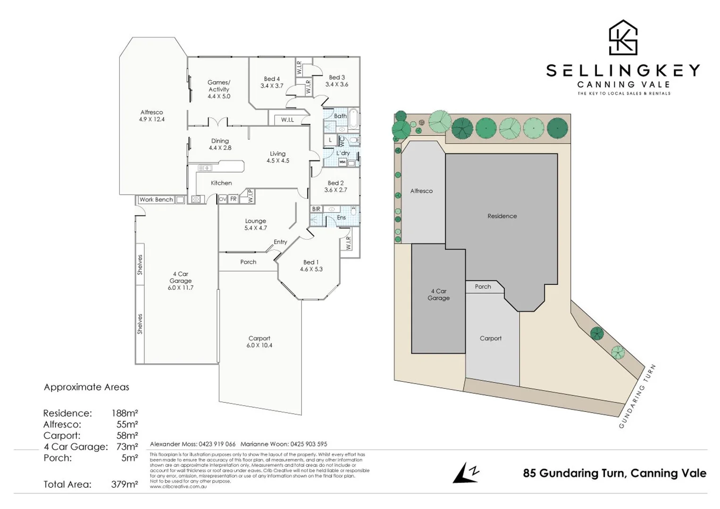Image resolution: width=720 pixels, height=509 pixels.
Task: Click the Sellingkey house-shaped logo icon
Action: pos(623,38)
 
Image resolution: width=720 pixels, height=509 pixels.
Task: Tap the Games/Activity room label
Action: pos(219,86)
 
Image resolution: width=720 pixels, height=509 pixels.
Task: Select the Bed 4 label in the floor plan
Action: pos(272,79)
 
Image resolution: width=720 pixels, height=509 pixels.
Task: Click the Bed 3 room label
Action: pos(336,77)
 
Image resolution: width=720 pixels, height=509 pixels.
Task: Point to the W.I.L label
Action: pos(287,120)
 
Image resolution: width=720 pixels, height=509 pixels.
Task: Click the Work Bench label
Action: pos(156,200)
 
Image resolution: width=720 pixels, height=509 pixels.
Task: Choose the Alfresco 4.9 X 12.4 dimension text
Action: pos(152,119)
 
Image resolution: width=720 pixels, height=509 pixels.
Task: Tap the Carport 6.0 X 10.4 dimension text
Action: pos(259,345)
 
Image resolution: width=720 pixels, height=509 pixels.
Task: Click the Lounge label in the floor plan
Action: pos(255,221)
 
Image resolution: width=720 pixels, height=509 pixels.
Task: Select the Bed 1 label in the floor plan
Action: pos(311,262)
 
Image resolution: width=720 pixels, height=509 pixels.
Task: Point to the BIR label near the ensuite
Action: pos(316,209)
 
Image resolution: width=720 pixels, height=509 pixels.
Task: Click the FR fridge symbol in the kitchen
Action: pos(234,199)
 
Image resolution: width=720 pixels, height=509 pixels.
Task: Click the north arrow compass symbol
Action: pos(466,473)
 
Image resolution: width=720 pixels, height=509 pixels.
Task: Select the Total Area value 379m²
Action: pos(125,484)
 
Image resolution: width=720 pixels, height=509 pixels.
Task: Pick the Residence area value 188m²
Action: pos(125,413)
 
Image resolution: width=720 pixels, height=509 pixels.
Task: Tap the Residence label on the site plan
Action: pos(502,216)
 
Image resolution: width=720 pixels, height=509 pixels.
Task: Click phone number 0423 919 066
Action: pos(217,444)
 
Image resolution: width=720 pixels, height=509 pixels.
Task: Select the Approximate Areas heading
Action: pos(86,387)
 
